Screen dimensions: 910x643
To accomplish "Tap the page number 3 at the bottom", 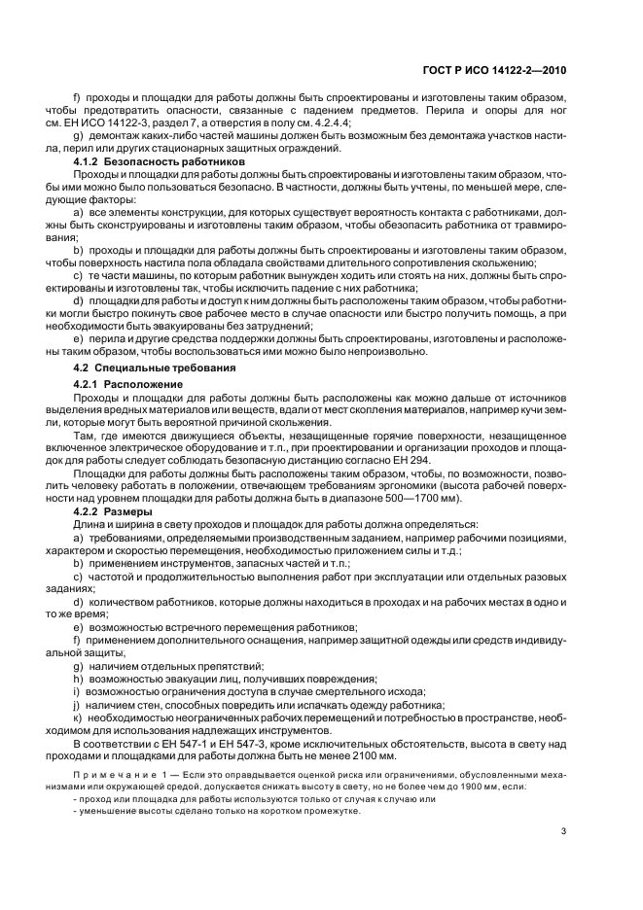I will [563, 830].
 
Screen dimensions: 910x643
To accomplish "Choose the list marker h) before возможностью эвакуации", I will [77, 679].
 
